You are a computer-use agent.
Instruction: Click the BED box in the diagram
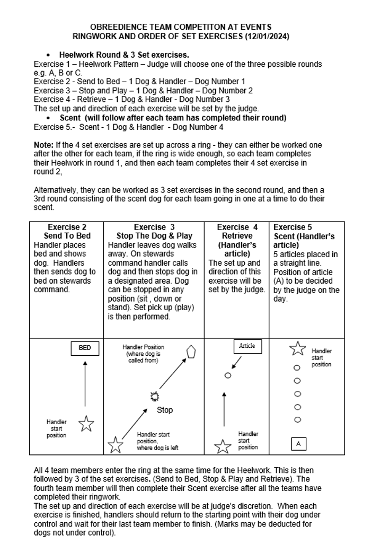click(85, 348)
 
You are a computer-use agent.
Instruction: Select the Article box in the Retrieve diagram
click(247, 346)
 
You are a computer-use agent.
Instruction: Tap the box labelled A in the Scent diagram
click(298, 443)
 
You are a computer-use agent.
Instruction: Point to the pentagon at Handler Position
click(191, 352)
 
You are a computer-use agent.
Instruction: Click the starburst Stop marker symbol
click(155, 396)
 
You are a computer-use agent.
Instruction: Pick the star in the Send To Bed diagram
click(86, 424)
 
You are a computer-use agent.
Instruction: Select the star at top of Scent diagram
click(297, 348)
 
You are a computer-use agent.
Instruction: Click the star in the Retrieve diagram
click(223, 446)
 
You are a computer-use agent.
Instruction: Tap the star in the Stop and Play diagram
click(115, 444)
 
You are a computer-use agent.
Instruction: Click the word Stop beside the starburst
click(165, 410)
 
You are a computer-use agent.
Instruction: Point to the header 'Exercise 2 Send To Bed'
click(67, 231)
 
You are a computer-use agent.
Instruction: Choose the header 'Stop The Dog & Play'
click(154, 236)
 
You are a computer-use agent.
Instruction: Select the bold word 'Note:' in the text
click(43, 145)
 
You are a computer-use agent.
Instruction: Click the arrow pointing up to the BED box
click(85, 384)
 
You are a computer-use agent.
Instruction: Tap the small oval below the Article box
click(228, 375)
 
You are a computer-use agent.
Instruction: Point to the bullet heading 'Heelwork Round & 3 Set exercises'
click(124, 55)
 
